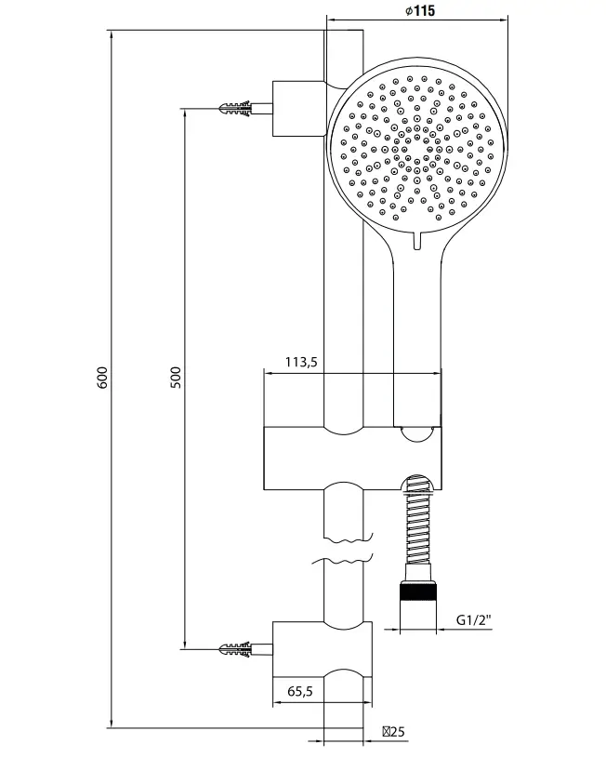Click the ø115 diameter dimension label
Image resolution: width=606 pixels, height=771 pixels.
[420, 10]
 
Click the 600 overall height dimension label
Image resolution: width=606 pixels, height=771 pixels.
[102, 378]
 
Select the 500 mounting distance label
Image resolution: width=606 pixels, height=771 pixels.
[176, 378]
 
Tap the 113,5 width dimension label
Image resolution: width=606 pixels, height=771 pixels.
[301, 363]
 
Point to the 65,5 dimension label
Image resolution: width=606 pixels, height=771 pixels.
[300, 691]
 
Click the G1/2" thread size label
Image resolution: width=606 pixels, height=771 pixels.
[474, 619]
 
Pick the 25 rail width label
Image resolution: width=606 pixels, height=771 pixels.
[394, 732]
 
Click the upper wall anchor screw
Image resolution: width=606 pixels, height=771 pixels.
[236, 108]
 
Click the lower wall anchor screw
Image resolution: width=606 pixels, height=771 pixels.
[236, 649]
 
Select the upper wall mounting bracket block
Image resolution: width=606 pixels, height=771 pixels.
[299, 108]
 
